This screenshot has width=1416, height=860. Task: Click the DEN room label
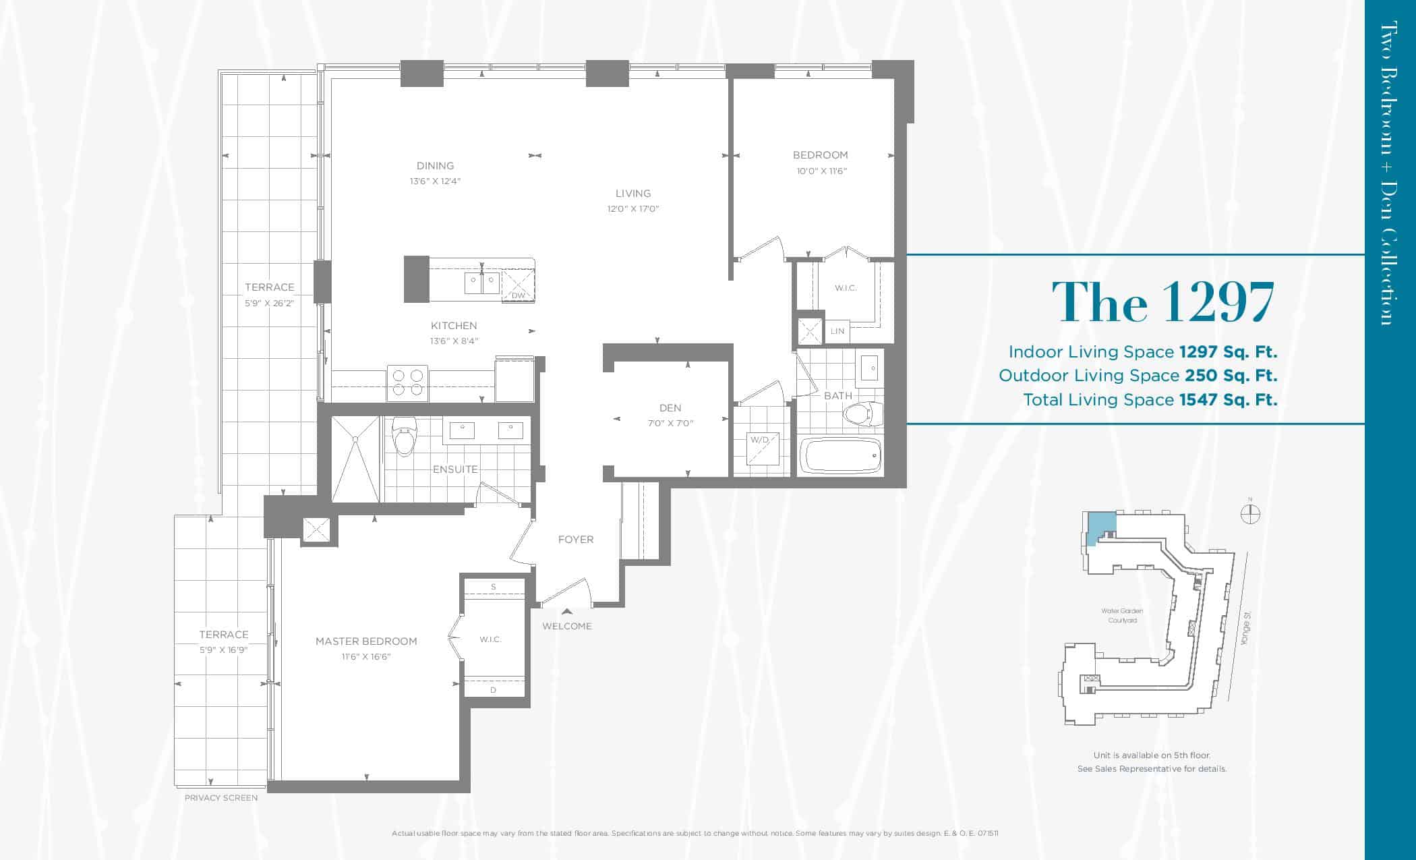[670, 408]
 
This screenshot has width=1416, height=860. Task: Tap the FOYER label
[576, 540]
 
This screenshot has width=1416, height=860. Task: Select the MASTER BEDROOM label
[366, 641]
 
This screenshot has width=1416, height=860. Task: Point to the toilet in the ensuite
[405, 436]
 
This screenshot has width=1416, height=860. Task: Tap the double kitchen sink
[482, 283]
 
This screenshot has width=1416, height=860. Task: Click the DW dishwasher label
[518, 295]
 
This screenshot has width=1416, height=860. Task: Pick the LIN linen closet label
[837, 331]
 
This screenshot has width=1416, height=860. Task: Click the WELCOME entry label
[567, 627]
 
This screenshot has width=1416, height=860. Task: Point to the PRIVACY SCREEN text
[221, 798]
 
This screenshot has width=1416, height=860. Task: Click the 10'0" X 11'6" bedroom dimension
[821, 171]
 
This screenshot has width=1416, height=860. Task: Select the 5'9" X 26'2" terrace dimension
[270, 304]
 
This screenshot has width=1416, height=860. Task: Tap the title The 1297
[1164, 302]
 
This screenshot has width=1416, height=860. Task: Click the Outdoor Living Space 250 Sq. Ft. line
[1138, 376]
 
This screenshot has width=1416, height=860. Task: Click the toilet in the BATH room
[864, 413]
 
